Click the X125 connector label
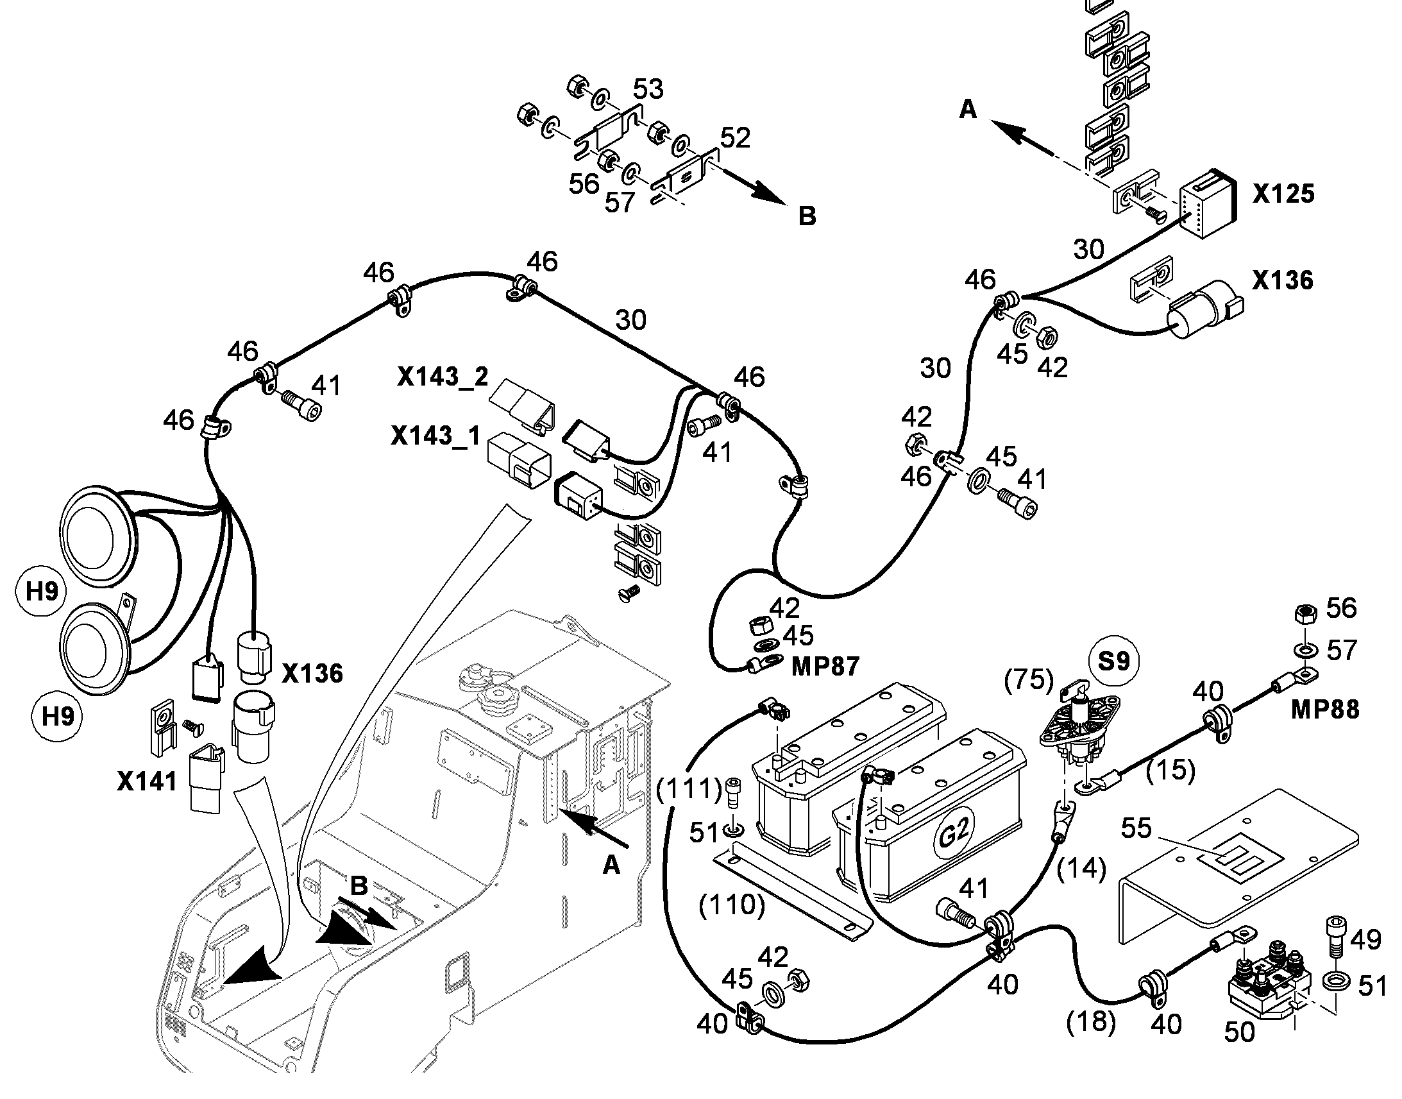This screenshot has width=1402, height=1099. [x=1283, y=194]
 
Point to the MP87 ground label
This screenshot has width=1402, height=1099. [x=825, y=667]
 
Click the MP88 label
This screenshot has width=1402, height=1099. [x=1325, y=710]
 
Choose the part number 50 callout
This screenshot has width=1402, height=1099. [x=1238, y=1032]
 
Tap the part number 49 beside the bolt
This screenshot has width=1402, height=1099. [x=1365, y=940]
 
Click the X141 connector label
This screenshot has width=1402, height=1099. [x=147, y=781]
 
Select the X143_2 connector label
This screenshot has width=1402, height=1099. [x=443, y=377]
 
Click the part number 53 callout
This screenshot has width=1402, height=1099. [x=648, y=89]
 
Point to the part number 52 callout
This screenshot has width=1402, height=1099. [x=735, y=138]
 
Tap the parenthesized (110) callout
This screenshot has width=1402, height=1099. [x=732, y=905]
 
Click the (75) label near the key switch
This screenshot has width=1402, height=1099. [x=1029, y=679]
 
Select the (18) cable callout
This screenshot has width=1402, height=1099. [x=1091, y=1022]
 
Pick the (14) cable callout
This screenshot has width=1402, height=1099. [x=1082, y=868]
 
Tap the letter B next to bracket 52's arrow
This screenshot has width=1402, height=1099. [x=807, y=216]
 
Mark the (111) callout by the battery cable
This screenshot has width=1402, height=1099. [x=689, y=788]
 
